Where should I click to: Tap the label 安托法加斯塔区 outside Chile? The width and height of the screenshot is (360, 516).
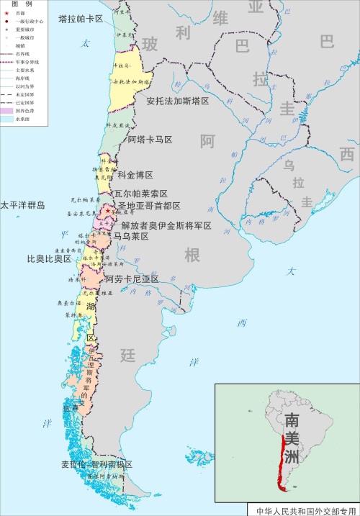coord(177,101)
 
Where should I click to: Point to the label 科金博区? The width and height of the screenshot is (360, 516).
coord(135,175)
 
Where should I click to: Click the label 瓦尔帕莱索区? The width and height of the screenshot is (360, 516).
coord(140,194)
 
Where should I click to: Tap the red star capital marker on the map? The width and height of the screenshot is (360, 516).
coord(108,211)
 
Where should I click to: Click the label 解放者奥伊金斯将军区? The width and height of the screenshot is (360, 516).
coord(166,225)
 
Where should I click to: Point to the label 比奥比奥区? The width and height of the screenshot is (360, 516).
coord(49,258)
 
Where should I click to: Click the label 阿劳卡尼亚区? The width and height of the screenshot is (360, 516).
coord(132,279)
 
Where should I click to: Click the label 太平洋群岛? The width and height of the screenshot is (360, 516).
coord(22,205)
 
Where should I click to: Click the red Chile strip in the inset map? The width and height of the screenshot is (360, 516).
coord(279,461)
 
